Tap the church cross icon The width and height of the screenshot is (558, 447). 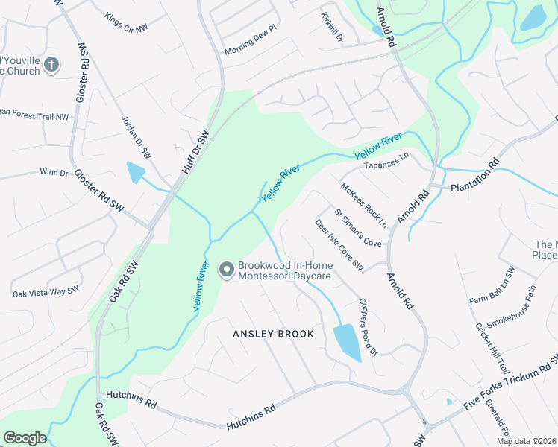point(51,65)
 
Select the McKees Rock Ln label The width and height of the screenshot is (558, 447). point(364,205)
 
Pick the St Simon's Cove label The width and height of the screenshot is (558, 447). point(358,228)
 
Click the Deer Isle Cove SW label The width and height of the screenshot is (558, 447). point(339,244)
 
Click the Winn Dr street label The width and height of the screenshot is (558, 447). point(54,172)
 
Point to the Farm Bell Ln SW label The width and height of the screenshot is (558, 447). point(492,286)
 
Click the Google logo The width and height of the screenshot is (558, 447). point(25,437)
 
